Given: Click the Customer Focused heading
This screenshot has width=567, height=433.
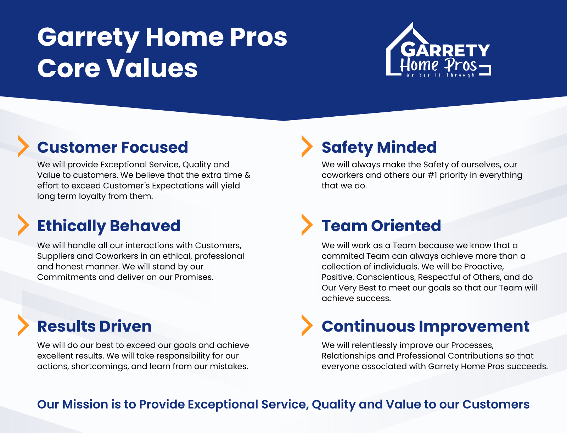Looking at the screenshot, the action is [112, 148].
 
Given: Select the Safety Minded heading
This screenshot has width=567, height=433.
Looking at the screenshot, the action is [379, 148].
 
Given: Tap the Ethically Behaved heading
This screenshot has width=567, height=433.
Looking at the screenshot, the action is [109, 226].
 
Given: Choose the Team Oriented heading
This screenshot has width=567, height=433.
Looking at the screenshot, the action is [381, 226].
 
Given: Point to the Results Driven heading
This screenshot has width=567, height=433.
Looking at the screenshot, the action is [94, 326].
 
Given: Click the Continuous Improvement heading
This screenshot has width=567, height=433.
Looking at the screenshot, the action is [426, 327].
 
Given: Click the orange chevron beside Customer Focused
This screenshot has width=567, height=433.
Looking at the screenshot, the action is [23, 146].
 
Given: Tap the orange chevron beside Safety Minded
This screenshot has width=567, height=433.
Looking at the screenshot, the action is [307, 146].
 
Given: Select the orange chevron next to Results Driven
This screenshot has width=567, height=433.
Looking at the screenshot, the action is [23, 326].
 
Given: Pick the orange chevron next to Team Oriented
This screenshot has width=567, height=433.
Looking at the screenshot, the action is [307, 225].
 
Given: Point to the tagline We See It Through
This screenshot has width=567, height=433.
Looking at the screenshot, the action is [440, 75].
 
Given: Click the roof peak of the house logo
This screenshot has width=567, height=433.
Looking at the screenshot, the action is [412, 23].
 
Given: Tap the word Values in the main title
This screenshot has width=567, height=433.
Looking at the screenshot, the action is [152, 68].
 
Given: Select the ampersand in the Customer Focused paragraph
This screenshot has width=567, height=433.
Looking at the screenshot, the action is [247, 175].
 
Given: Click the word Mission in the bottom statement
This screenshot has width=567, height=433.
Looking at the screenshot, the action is [85, 404].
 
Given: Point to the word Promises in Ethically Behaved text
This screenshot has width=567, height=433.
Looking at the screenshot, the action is [194, 277].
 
